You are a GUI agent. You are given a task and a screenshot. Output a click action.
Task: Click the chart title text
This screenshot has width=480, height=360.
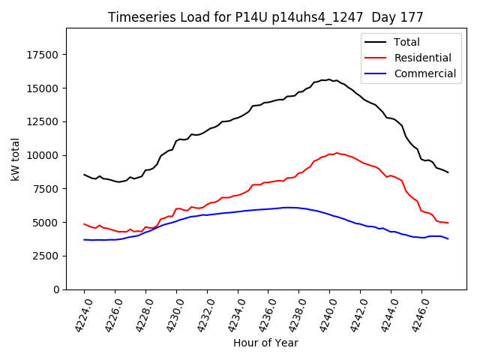click(x=265, y=17)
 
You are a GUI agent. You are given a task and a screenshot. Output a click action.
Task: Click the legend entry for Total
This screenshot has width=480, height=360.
click(x=406, y=42)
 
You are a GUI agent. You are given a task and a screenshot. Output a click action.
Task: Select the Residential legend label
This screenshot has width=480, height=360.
click(x=422, y=58)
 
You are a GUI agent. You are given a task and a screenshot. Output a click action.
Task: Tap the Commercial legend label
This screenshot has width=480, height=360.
click(x=424, y=73)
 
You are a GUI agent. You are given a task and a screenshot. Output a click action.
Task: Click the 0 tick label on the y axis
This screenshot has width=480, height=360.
click(x=57, y=289)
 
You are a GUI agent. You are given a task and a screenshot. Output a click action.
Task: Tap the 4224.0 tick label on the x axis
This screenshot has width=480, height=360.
click(x=77, y=315)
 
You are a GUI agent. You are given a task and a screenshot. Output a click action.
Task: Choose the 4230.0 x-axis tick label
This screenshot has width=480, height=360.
click(x=169, y=315)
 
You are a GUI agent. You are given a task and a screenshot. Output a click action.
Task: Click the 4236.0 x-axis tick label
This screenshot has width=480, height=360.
click(x=262, y=315)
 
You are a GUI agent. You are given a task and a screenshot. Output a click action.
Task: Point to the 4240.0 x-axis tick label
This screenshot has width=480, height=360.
click(x=323, y=315)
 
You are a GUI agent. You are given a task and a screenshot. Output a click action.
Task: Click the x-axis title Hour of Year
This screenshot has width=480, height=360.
click(x=265, y=343)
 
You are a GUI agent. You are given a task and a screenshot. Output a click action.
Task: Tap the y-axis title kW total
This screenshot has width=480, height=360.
click(x=15, y=159)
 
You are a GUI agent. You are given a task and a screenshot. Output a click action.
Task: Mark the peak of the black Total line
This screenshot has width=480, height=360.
click(x=329, y=79)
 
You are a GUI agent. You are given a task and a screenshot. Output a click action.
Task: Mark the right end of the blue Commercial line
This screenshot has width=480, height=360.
click(x=448, y=238)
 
